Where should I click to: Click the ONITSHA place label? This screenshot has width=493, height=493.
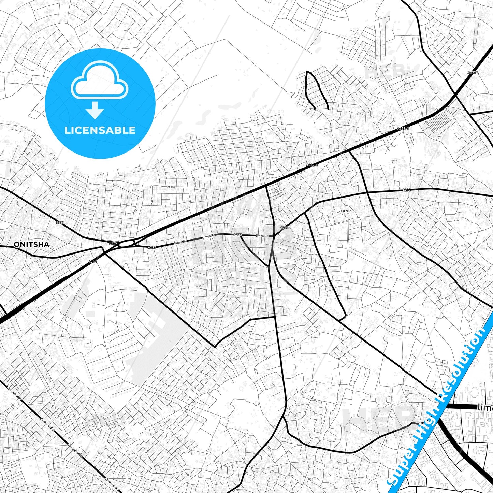[31, 244]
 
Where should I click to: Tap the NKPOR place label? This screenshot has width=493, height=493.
[345, 211]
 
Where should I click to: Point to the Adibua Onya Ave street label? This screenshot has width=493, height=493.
[27, 147]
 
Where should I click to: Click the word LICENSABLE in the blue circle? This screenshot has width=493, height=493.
[100, 130]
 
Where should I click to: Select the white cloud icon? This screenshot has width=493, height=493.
[100, 81]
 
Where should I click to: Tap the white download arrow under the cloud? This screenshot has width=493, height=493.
[95, 110]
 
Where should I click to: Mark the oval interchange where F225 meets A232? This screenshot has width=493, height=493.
[127, 243]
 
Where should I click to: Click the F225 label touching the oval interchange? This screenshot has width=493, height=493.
[113, 243]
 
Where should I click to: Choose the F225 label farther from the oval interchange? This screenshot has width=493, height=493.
[60, 223]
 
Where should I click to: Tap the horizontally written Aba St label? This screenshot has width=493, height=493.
[171, 187]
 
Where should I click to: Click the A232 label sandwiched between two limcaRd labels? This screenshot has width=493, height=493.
[238, 235]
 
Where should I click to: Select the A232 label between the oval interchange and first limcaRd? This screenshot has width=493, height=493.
[152, 247]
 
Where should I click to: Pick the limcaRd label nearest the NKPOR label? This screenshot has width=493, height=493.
[262, 236]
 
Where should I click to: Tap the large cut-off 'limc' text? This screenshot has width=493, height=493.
[485, 407]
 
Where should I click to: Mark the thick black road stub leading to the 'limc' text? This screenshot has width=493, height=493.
[461, 407]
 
